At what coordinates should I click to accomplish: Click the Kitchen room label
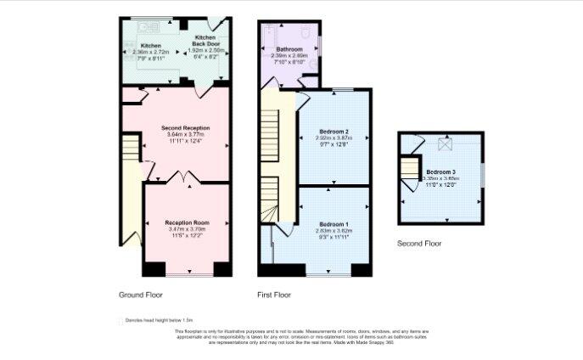[151, 45]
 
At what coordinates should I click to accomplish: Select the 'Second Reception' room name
[185, 128]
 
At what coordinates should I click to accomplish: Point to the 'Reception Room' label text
[187, 222]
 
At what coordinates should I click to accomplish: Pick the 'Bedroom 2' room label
[334, 132]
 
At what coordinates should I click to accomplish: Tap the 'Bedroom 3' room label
[441, 172]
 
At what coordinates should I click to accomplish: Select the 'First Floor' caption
[274, 295]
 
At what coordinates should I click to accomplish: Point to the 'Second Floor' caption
[419, 244]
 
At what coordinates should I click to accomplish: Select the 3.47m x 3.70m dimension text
[187, 229]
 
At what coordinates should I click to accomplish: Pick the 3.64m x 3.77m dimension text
[185, 135]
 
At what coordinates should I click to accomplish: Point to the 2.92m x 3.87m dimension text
[334, 138]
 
